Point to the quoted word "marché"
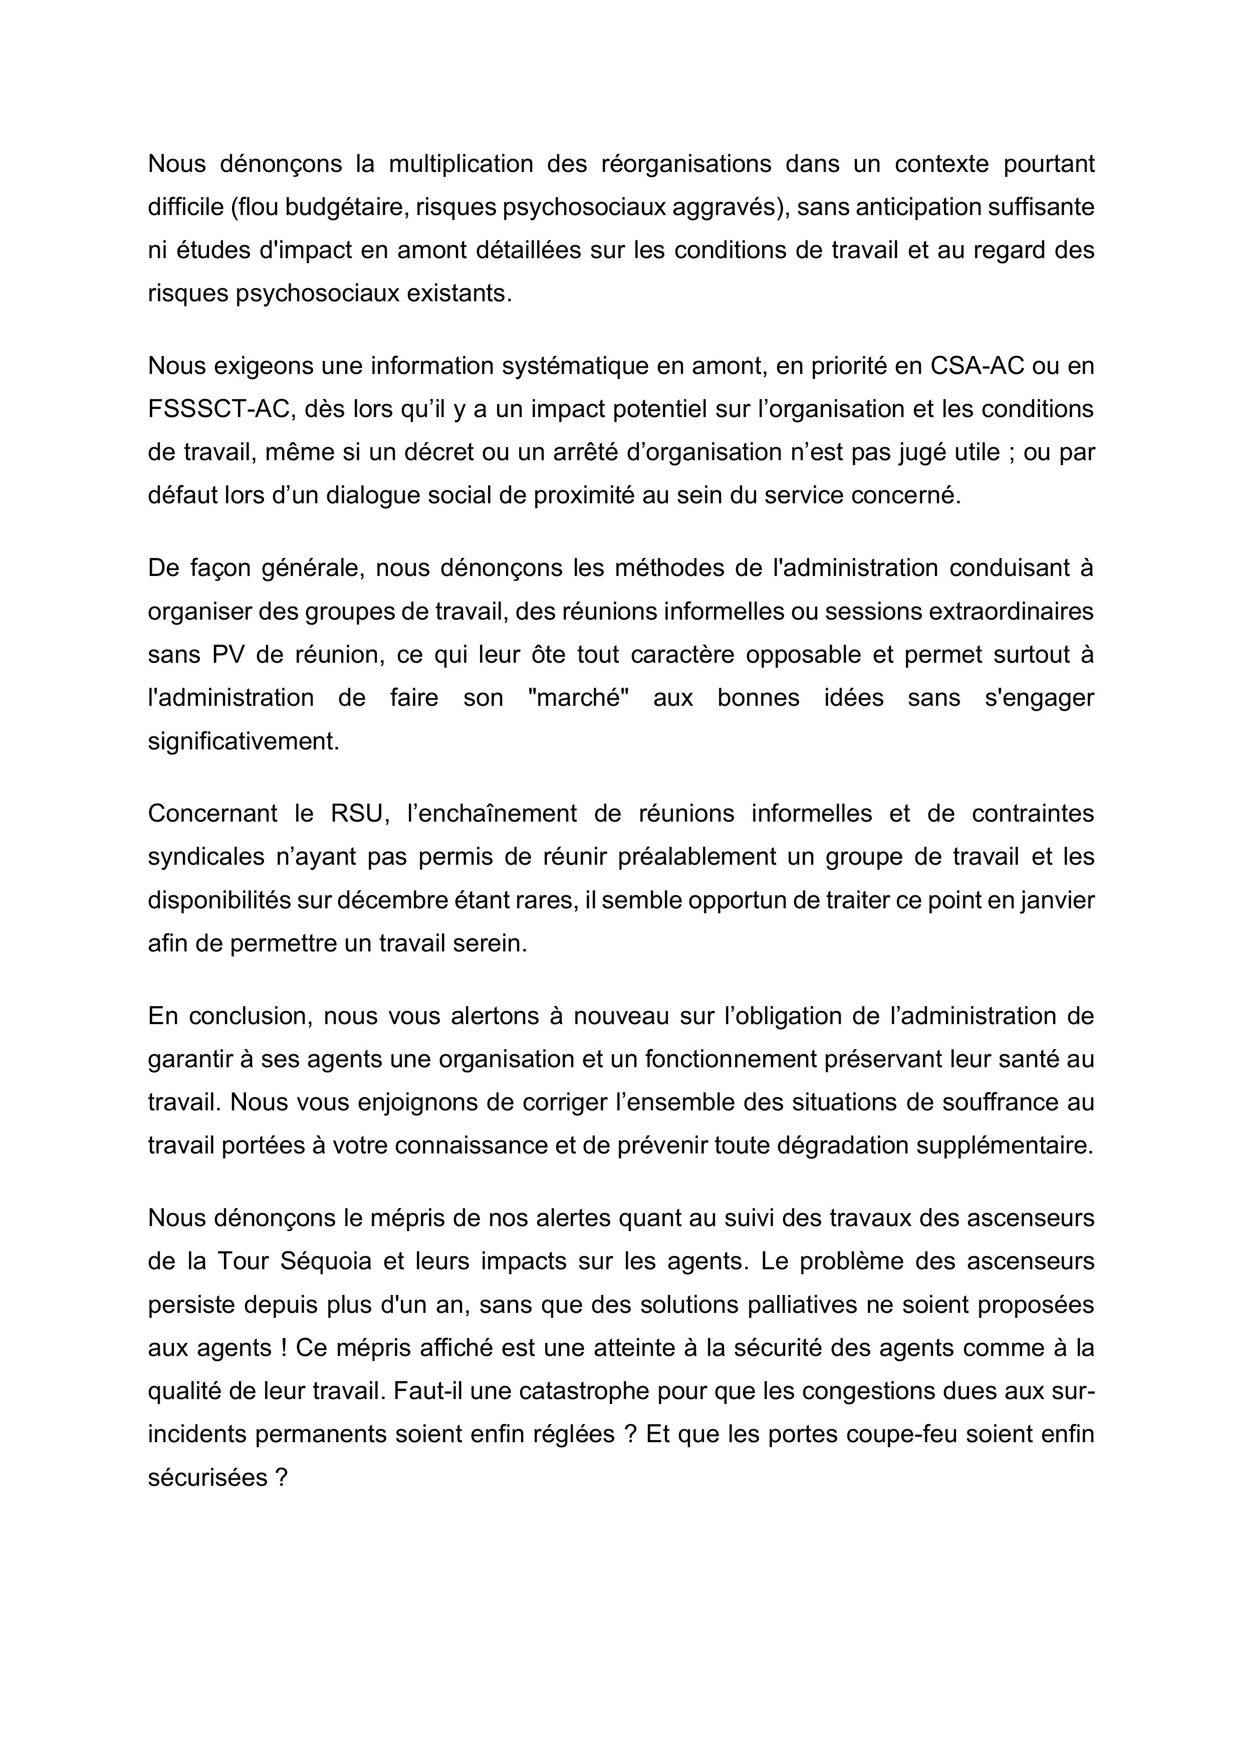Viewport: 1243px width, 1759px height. [578, 698]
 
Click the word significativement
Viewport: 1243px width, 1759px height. [243, 741]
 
